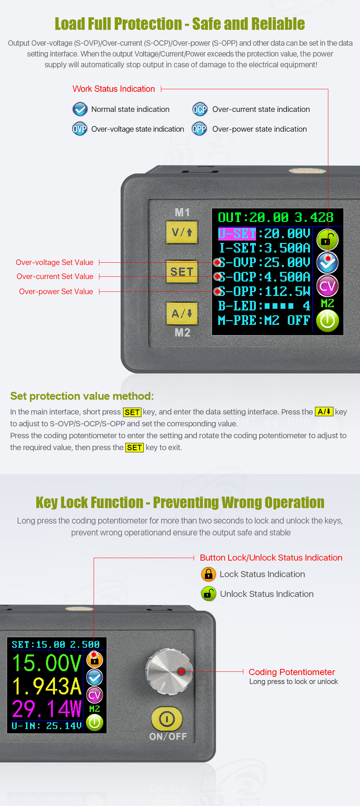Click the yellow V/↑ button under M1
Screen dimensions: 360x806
click(182, 232)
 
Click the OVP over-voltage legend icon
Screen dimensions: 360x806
click(80, 129)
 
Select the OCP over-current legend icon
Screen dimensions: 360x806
click(200, 109)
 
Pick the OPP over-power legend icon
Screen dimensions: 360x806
click(199, 129)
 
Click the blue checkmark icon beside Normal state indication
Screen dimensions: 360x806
click(80, 109)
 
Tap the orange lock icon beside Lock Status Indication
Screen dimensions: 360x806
click(208, 574)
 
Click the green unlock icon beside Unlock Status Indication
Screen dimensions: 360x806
click(208, 594)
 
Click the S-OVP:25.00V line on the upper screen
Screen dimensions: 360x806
click(265, 262)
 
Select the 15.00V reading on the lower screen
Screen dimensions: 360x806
click(47, 663)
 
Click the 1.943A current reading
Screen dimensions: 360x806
click(47, 686)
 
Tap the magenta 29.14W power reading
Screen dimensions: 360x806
click(47, 709)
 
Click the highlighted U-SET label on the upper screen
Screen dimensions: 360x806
click(237, 234)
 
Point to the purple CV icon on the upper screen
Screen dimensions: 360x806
click(327, 286)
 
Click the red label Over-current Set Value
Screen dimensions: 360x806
click(55, 276)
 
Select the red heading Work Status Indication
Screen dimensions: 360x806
click(114, 89)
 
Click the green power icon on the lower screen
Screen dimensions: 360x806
click(95, 723)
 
